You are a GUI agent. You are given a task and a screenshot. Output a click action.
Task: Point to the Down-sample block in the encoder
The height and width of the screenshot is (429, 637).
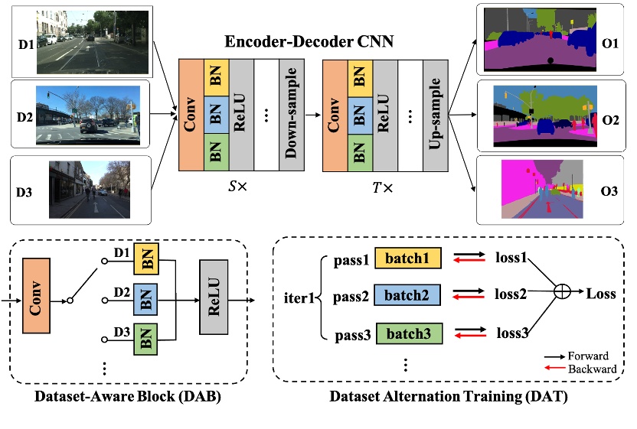pyautogui.click(x=291, y=114)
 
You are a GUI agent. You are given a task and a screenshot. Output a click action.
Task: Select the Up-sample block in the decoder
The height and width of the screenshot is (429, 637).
pyautogui.click(x=436, y=114)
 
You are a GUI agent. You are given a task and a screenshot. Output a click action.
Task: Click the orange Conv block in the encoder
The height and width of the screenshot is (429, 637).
pyautogui.click(x=191, y=114)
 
